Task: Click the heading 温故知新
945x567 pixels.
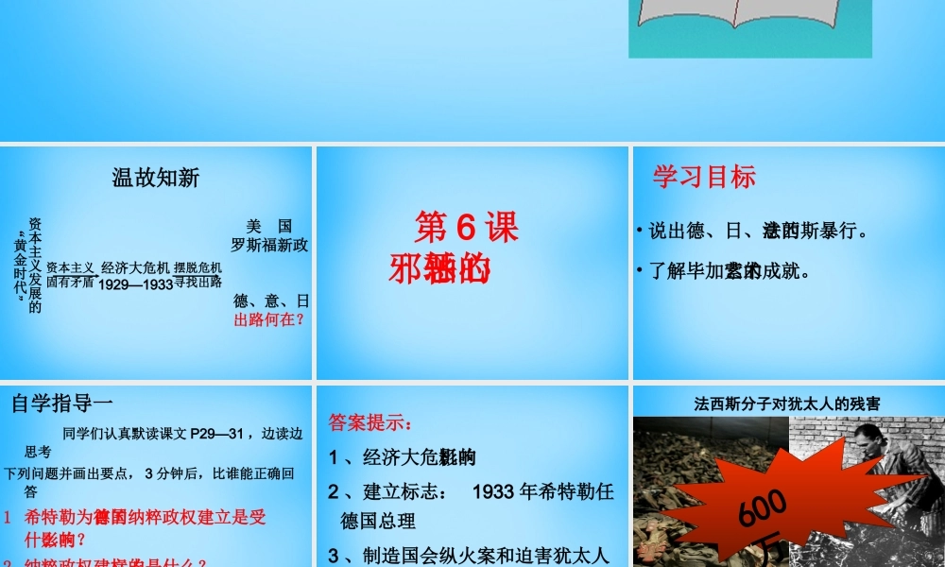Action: point(156,177)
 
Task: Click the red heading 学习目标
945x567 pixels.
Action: point(704,177)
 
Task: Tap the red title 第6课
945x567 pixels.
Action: point(467,228)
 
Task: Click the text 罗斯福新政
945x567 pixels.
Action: point(270,245)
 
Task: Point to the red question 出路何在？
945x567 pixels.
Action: point(270,320)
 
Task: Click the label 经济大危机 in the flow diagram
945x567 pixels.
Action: point(136,266)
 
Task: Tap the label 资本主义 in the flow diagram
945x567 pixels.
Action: point(71,267)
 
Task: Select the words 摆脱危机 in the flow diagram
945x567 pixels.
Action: point(198,267)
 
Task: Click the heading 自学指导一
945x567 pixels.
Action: point(62,404)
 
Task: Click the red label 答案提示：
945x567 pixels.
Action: point(370,422)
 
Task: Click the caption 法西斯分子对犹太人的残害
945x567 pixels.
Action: point(787,404)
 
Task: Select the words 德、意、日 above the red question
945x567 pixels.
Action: point(271,301)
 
